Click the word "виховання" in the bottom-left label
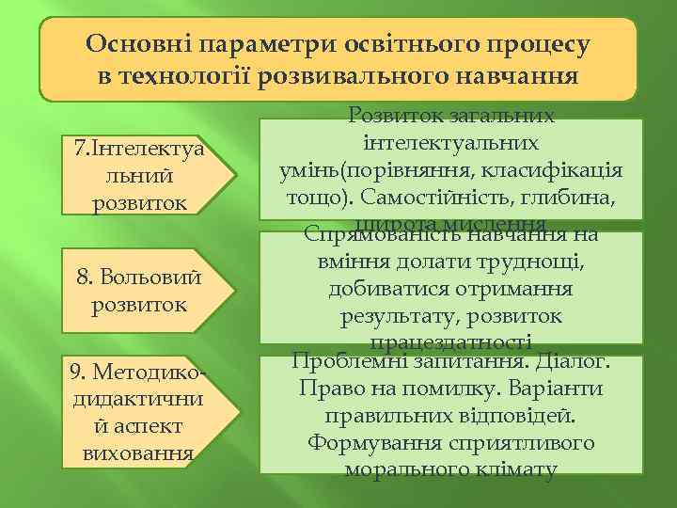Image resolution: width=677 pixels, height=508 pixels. click(x=140, y=453)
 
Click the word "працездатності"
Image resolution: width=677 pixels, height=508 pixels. click(x=452, y=343)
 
